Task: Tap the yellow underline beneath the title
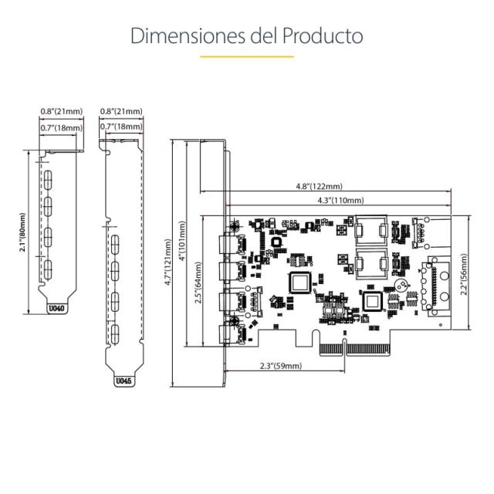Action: pos(246,56)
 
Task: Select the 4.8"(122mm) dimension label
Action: pos(320,186)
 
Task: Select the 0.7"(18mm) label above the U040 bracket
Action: pos(59,127)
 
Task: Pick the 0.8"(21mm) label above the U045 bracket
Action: pos(122,111)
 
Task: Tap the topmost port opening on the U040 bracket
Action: pos(48,180)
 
